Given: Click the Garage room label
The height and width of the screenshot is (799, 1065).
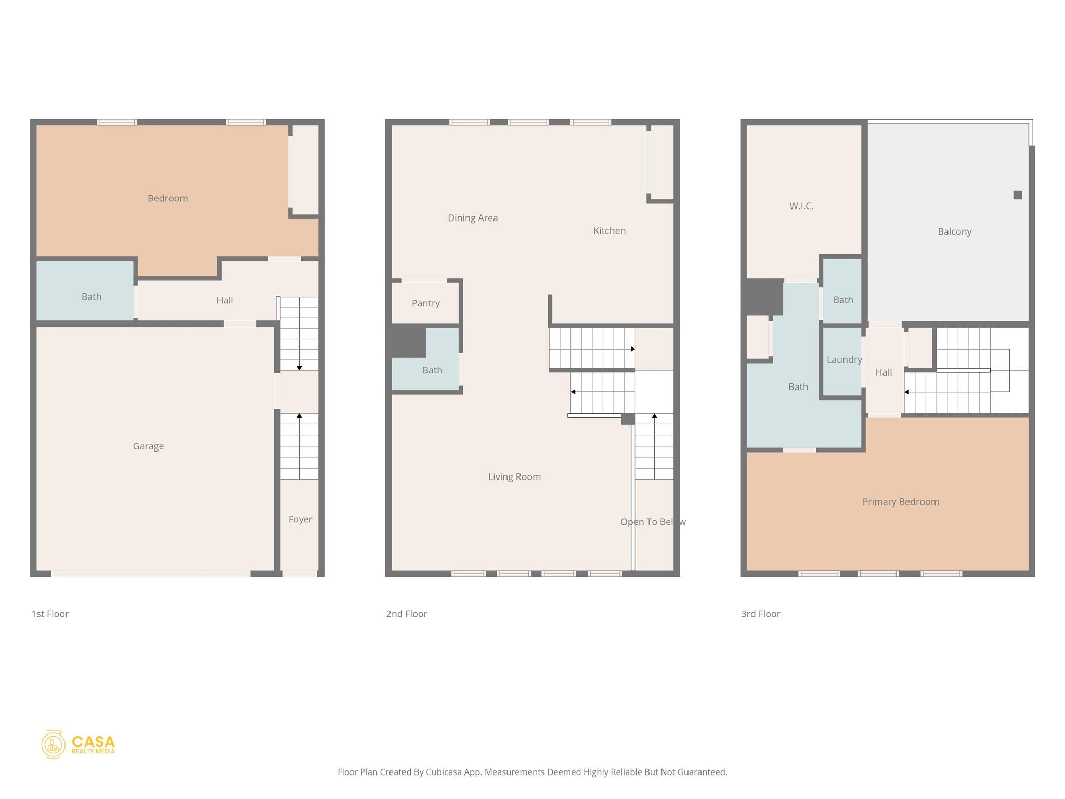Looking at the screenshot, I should tap(148, 446).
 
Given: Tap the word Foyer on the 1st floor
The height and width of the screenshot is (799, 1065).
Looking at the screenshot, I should tap(300, 519).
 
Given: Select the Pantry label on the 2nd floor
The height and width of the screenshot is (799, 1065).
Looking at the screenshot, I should tap(425, 303).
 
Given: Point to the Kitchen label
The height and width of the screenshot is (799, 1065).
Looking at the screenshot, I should tap(609, 230).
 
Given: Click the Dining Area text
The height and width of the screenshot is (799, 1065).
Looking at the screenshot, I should tap(472, 218).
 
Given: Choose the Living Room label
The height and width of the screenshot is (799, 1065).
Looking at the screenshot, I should tap(514, 477).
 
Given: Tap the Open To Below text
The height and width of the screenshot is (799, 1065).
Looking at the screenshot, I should tap(652, 522).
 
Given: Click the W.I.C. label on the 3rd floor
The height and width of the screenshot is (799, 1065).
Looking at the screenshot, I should tap(801, 206).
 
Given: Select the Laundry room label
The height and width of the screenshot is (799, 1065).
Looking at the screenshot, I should tap(843, 359).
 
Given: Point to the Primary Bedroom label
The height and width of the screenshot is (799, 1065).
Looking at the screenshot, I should tap(900, 502).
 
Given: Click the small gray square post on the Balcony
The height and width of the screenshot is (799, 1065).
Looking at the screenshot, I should tap(1017, 195).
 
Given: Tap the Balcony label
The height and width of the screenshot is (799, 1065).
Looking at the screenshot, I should tap(954, 231).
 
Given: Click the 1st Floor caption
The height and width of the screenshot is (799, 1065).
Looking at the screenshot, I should tap(50, 614).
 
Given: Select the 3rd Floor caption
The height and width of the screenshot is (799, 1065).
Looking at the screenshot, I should tap(760, 614).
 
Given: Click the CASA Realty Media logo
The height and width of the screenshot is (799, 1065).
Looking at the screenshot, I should tap(78, 744).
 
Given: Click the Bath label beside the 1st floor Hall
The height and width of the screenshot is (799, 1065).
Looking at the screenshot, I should tap(91, 297).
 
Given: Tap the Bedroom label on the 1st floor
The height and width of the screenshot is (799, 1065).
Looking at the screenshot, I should tap(167, 198).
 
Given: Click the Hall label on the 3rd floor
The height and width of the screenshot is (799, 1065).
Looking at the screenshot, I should tap(883, 372).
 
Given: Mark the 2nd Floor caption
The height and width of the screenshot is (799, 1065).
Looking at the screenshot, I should tap(406, 614).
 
